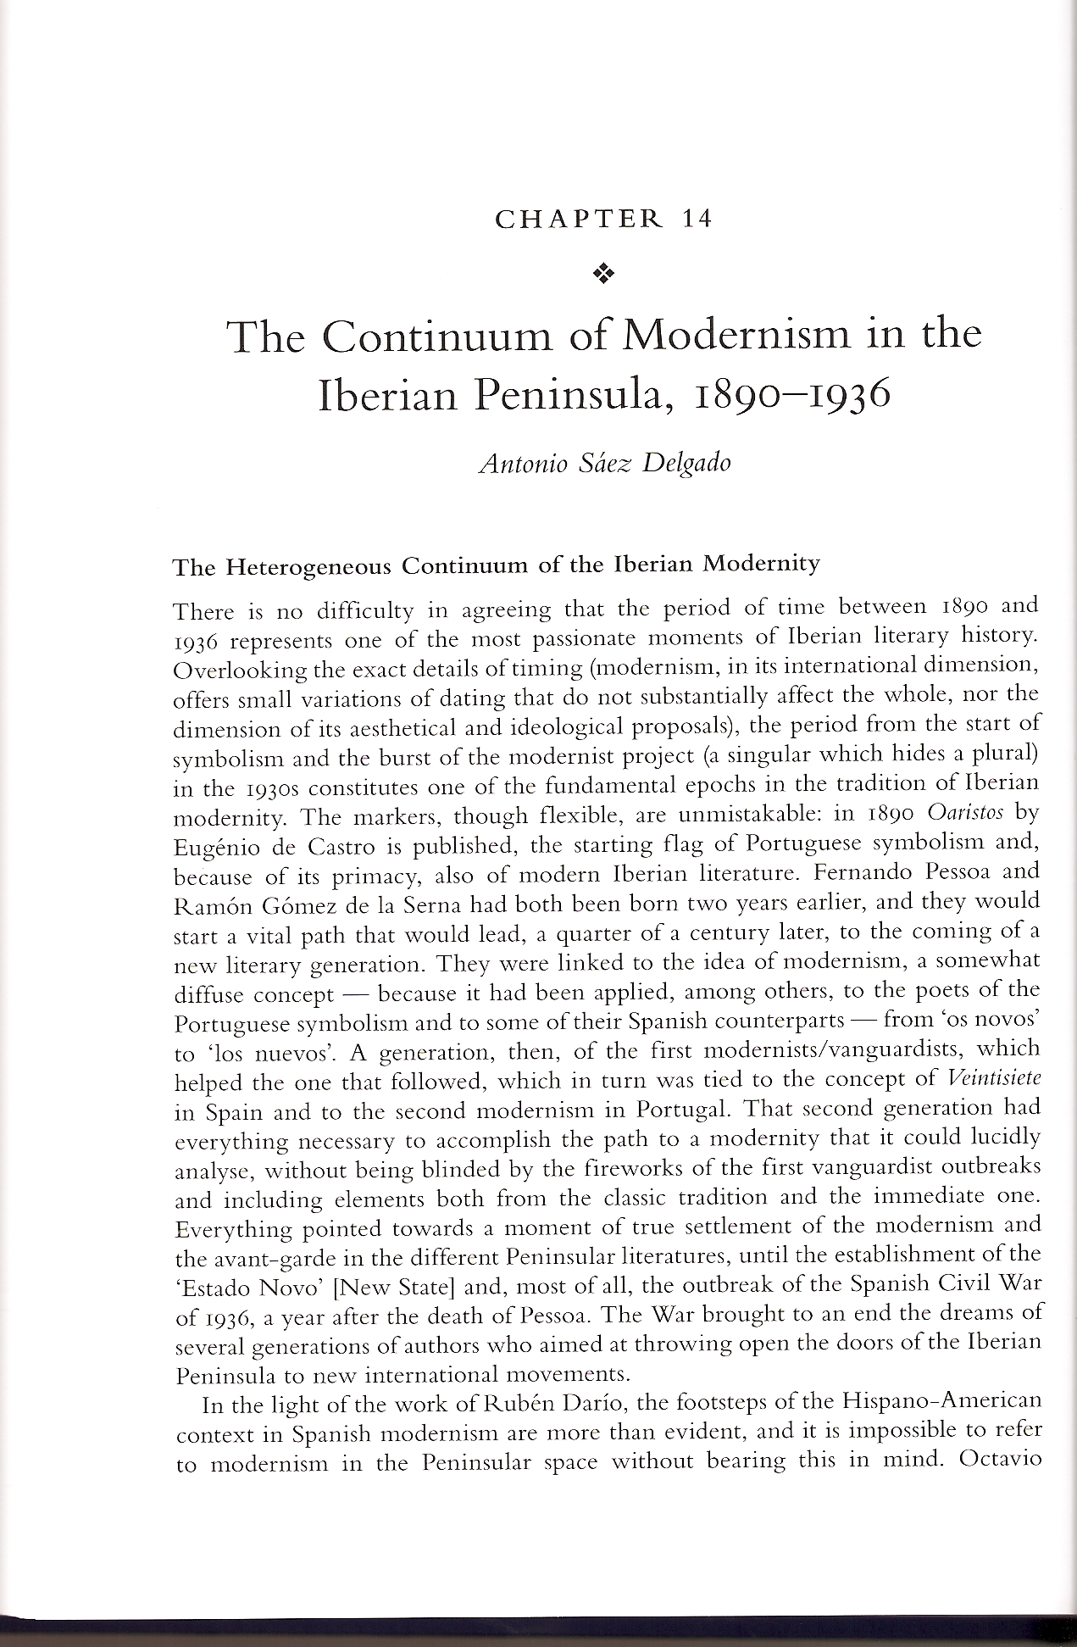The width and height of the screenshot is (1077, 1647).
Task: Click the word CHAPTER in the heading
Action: tap(580, 219)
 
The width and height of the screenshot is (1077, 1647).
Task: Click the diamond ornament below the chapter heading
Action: tap(603, 273)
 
